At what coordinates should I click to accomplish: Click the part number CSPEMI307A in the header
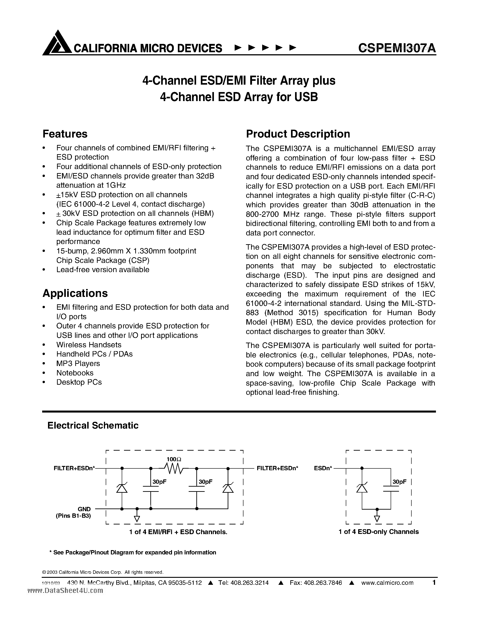tap(397, 48)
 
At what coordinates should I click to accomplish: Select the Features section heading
tap(65, 134)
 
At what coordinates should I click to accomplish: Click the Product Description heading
tap(298, 134)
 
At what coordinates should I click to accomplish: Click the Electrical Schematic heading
tap(93, 425)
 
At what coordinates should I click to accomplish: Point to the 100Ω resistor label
tap(174, 459)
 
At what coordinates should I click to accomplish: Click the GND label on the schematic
tap(84, 509)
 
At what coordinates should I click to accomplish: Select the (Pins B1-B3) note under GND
tap(73, 516)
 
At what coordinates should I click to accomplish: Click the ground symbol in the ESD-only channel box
tap(377, 518)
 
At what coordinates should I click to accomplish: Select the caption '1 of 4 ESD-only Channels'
tap(378, 532)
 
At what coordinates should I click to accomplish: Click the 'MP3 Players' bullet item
tap(78, 363)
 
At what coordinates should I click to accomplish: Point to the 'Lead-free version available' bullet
tap(103, 269)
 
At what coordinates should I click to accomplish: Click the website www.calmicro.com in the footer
tap(387, 583)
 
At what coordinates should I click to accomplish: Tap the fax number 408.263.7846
tap(323, 583)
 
